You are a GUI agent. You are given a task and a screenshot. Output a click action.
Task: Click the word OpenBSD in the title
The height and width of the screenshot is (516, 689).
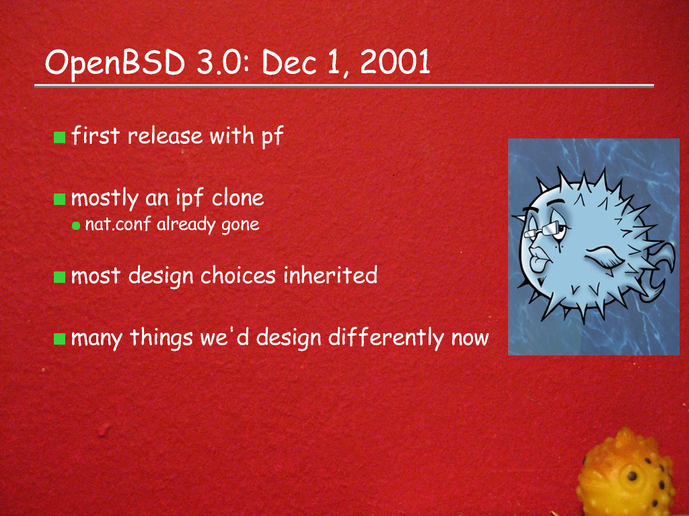(x=115, y=62)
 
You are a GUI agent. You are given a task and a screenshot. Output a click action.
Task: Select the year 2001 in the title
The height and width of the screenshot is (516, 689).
(x=395, y=62)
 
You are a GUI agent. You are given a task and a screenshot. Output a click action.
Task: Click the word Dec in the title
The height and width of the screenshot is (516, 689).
(x=289, y=62)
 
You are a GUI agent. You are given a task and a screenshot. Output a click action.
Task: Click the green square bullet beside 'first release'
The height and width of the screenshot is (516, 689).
(x=59, y=137)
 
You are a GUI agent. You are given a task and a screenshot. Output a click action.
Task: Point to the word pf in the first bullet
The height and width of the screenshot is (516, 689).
(x=273, y=136)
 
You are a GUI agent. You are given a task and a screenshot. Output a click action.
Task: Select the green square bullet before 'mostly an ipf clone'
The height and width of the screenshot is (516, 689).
(x=59, y=199)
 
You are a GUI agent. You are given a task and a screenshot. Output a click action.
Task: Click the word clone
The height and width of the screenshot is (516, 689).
(x=238, y=198)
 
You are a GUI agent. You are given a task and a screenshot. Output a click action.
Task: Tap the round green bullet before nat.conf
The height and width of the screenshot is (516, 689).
(x=76, y=226)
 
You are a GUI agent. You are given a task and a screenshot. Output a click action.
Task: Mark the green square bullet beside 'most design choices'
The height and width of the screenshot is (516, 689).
(x=59, y=277)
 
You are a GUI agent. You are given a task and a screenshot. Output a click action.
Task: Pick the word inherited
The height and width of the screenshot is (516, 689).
(x=330, y=275)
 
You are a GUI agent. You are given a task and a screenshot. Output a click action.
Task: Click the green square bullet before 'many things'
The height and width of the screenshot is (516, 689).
(x=59, y=339)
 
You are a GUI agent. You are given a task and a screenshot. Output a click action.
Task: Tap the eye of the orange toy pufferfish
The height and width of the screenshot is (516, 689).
(x=631, y=476)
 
